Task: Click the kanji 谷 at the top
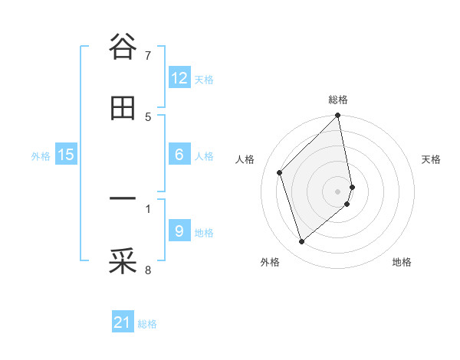[123, 47]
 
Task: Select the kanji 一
[123, 200]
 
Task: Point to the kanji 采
[123, 261]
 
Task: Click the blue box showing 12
[179, 78]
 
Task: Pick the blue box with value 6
[179, 155]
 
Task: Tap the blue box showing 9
[179, 231]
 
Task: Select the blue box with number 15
[66, 155]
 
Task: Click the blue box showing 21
[123, 322]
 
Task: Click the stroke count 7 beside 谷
[148, 56]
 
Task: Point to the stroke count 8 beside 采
[148, 270]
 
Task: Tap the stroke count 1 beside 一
[148, 208]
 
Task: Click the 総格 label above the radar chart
[338, 100]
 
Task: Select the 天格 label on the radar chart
[431, 159]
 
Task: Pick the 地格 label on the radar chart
[402, 263]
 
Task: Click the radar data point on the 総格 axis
[338, 116]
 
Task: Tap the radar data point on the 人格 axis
[280, 172]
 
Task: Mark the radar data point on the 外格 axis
[302, 242]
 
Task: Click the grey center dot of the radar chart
[338, 191]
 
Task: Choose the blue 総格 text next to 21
[147, 324]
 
